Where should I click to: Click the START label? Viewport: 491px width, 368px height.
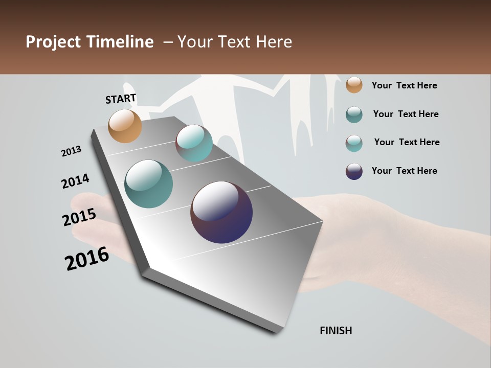121,99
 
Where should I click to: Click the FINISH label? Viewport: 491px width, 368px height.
336,331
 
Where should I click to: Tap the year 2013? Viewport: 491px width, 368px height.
72,151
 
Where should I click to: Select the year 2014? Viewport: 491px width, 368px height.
75,181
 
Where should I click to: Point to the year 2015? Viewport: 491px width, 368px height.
79,217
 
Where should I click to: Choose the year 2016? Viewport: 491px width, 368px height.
87,259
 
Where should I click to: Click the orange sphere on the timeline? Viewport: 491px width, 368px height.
125,126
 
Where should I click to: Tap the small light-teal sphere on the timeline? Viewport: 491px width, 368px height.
194,143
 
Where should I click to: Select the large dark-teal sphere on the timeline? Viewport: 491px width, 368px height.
148,184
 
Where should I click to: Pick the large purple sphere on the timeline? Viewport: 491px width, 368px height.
221,212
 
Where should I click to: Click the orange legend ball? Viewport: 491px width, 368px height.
354,85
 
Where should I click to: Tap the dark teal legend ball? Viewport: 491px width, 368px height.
354,114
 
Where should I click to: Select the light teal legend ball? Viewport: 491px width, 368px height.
354,143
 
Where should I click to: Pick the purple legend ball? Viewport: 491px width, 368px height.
354,171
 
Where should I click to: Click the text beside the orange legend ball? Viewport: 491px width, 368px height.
404,85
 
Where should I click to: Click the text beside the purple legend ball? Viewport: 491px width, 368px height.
404,171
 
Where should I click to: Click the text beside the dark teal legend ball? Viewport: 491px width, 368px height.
406,114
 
